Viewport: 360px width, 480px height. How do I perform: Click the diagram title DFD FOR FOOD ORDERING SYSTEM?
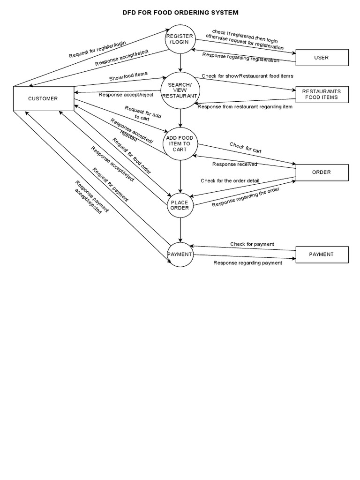[180, 13]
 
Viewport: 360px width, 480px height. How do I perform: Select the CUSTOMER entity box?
[43, 98]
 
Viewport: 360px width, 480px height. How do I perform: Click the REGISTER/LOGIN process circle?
[180, 39]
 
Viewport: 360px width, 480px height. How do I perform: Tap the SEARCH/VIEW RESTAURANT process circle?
[180, 90]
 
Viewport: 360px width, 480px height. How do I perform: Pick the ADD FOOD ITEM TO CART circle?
[180, 144]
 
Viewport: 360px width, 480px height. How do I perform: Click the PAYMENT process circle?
[180, 255]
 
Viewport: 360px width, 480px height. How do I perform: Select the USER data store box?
[322, 58]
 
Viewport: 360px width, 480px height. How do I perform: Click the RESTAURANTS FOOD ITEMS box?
[322, 94]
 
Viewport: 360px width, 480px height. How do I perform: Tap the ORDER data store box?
[322, 172]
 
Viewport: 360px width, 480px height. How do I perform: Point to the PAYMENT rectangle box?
[322, 254]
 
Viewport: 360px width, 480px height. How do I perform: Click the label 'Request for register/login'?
[97, 49]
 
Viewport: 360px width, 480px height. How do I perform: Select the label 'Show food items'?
[128, 76]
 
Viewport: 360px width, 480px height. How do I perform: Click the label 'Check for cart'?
[245, 148]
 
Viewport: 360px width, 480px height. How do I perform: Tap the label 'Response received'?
[234, 164]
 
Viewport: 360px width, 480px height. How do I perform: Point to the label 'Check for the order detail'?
[230, 180]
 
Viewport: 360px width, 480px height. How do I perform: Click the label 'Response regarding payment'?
[247, 263]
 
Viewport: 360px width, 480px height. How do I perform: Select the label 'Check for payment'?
[252, 244]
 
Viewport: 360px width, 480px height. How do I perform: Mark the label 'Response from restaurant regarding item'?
[245, 107]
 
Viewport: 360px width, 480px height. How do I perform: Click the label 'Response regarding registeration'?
[240, 57]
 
